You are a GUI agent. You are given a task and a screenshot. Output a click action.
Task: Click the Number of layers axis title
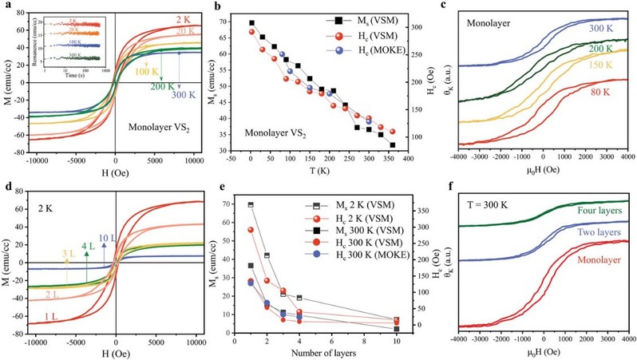pos(307,352)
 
